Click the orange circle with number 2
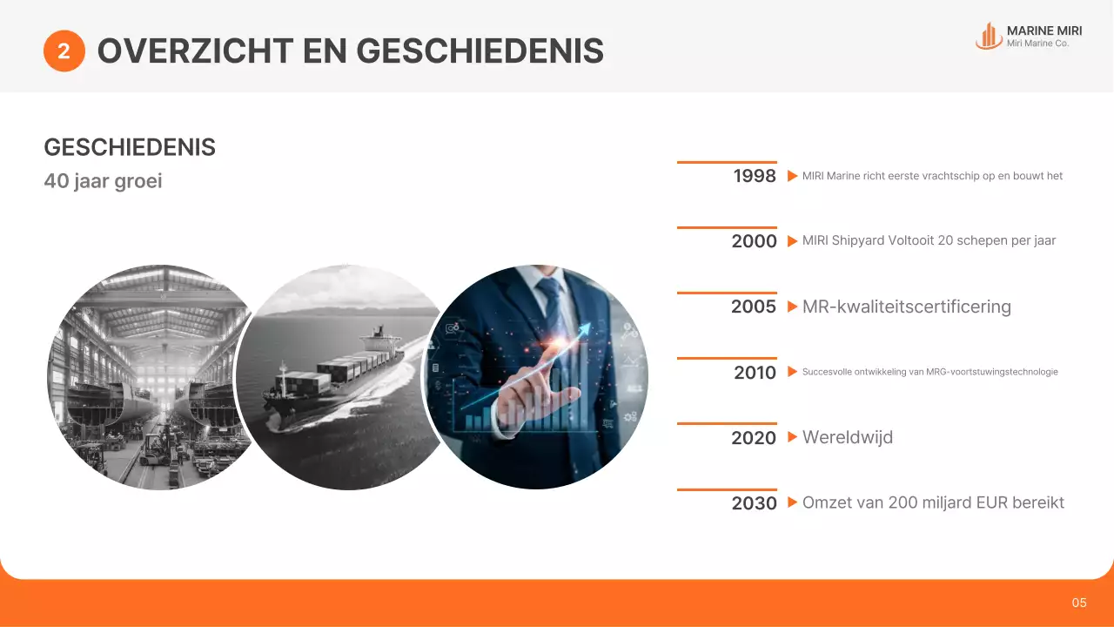click(64, 51)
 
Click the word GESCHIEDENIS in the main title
click(480, 51)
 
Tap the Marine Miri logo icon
click(988, 36)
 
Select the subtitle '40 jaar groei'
click(103, 182)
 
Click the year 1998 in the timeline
click(754, 176)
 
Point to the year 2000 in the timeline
click(754, 241)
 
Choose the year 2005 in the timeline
click(754, 307)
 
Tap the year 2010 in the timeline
click(754, 373)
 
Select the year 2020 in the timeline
click(754, 438)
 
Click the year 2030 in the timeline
click(754, 503)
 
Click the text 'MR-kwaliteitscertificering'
click(906, 307)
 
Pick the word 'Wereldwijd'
click(847, 437)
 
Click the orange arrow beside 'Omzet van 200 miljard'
click(792, 502)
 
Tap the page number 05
click(1079, 603)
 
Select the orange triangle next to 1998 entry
click(792, 176)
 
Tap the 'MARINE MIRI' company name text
click(1044, 30)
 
